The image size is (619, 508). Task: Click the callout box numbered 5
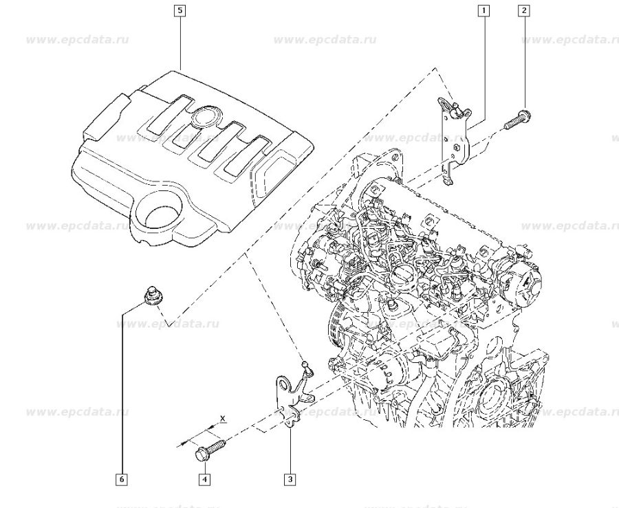tap(180, 10)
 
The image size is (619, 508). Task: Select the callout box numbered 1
tap(484, 10)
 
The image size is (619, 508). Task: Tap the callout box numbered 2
tap(524, 10)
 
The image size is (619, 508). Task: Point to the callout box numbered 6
tap(122, 478)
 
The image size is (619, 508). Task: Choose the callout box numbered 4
tap(204, 478)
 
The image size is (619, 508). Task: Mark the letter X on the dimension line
tap(222, 418)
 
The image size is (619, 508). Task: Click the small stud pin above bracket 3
tap(305, 368)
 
